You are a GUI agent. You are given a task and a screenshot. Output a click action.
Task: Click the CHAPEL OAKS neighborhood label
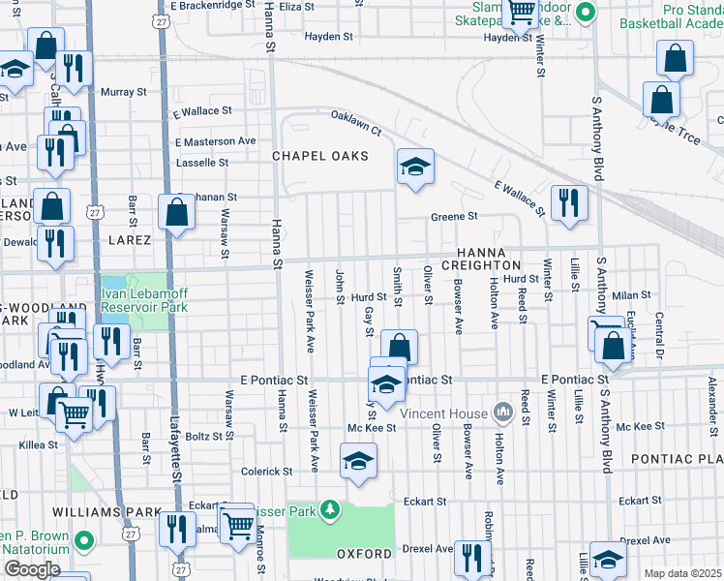319,156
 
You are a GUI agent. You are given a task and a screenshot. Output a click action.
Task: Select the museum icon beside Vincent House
502,413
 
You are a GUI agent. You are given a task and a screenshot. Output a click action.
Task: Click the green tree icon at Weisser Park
330,508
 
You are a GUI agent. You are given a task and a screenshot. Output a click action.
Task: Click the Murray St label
123,92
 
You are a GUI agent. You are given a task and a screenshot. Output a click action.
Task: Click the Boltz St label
204,437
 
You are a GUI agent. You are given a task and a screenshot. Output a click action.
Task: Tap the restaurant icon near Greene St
569,202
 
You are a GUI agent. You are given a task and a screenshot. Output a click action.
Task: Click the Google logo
32,569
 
